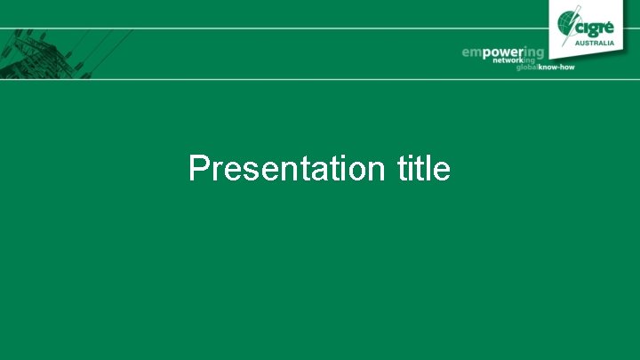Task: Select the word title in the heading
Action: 424,168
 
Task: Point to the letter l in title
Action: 432,168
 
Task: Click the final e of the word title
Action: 443,171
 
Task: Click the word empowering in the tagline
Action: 502,53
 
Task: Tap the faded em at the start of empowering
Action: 471,53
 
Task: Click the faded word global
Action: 529,68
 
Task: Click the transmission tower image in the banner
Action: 40,53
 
